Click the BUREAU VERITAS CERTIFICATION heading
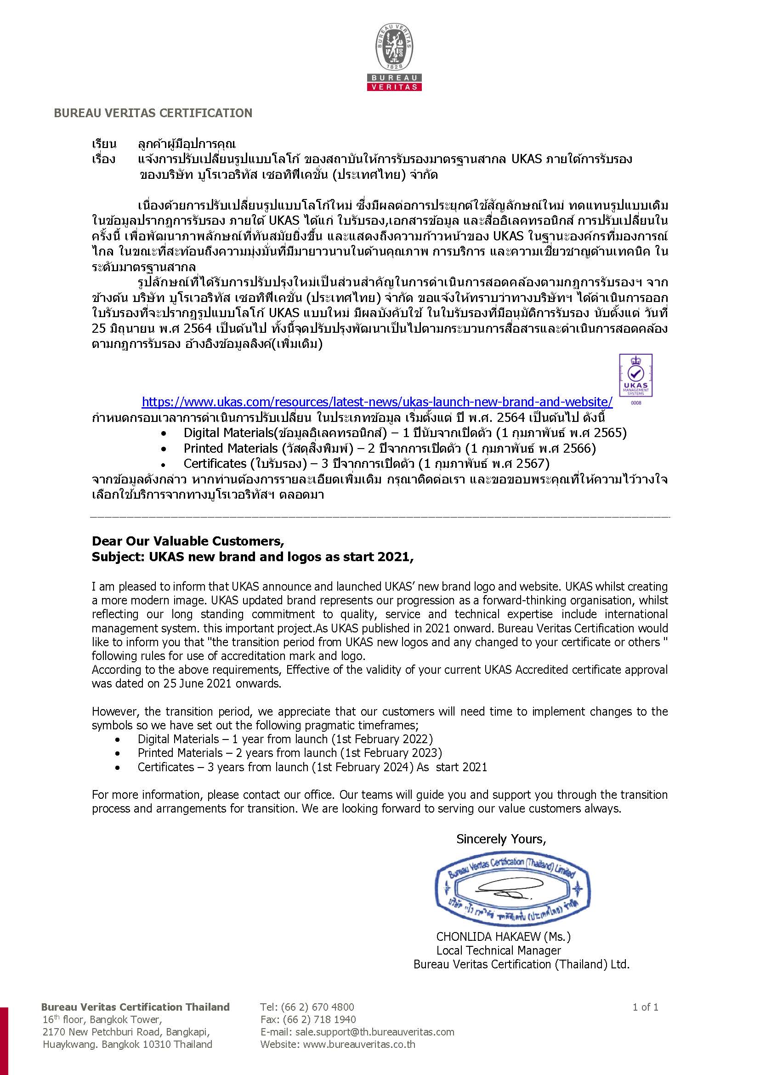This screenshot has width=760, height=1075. click(153, 113)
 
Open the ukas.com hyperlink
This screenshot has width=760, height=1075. click(377, 402)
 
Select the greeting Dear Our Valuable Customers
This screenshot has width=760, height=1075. click(187, 541)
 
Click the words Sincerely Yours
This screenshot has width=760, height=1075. click(501, 839)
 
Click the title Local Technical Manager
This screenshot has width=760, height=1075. click(499, 950)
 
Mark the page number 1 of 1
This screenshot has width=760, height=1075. click(645, 1007)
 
